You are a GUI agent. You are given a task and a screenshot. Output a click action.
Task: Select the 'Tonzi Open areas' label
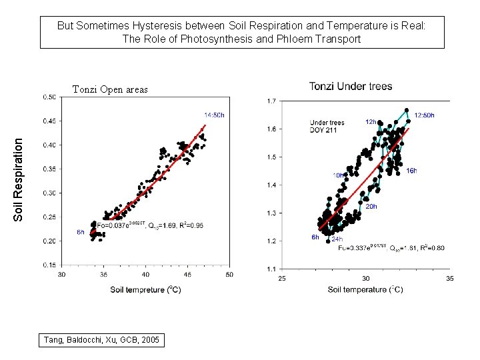[x=110, y=89]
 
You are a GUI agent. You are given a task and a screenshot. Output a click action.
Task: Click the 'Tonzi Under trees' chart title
[x=351, y=86]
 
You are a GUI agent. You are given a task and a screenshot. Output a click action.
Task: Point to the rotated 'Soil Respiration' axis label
[x=19, y=179]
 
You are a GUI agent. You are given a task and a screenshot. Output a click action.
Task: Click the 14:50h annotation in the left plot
[x=215, y=114]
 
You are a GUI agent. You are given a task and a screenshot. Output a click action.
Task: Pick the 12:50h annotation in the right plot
[x=425, y=115]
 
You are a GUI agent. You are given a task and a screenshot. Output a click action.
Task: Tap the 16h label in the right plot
[x=411, y=171]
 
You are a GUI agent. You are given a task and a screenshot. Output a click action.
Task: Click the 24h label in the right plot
[x=337, y=239]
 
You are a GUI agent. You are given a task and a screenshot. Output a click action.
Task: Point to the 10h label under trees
[x=339, y=175]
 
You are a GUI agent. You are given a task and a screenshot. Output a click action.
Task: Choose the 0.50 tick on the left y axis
[x=49, y=97]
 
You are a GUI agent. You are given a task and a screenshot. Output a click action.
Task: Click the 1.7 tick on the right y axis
[x=272, y=101]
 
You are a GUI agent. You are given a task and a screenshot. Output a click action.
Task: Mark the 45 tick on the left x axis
[x=187, y=275]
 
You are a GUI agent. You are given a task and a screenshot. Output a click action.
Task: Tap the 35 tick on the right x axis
[x=450, y=279]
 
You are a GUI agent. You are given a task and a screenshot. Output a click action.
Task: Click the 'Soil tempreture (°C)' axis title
[x=145, y=290]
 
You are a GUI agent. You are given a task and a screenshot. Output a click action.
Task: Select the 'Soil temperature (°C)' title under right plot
[x=365, y=289]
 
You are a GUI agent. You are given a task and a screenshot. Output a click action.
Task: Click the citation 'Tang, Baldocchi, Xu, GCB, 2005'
[x=102, y=340]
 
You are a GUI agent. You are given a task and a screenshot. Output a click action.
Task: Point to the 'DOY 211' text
[x=325, y=131]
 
